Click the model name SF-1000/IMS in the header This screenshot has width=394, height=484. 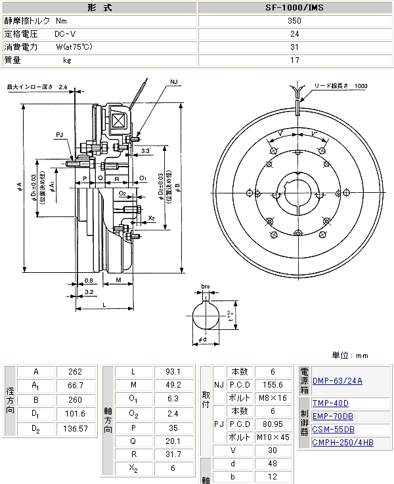click(x=294, y=8)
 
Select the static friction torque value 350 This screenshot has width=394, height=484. click(x=294, y=21)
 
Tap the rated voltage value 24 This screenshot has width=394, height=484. click(x=294, y=33)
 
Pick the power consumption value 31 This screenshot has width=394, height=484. click(x=294, y=47)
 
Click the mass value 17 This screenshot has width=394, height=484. click(x=294, y=60)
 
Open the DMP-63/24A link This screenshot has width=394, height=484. click(x=338, y=380)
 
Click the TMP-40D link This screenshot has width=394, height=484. click(x=330, y=403)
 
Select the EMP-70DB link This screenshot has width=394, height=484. click(x=333, y=416)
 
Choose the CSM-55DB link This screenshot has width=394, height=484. click(x=333, y=430)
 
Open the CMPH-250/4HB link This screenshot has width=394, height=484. click(x=343, y=443)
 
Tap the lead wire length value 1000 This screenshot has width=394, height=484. click(x=361, y=86)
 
